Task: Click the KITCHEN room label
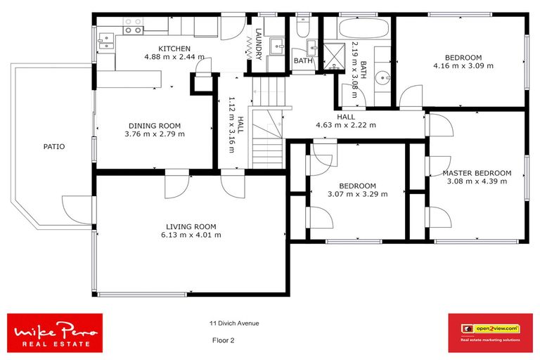[x=174, y=48]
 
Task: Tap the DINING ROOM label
[x=154, y=126]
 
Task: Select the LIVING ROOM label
[x=191, y=226]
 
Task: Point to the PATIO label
[x=53, y=147]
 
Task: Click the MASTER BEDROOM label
[x=477, y=173]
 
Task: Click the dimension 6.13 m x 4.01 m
[x=191, y=235]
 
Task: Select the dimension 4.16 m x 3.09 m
[x=463, y=65]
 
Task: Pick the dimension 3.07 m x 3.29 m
[x=357, y=194]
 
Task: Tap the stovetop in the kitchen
[x=133, y=26]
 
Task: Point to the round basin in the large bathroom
[x=382, y=77]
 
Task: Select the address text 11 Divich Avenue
[x=233, y=323]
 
